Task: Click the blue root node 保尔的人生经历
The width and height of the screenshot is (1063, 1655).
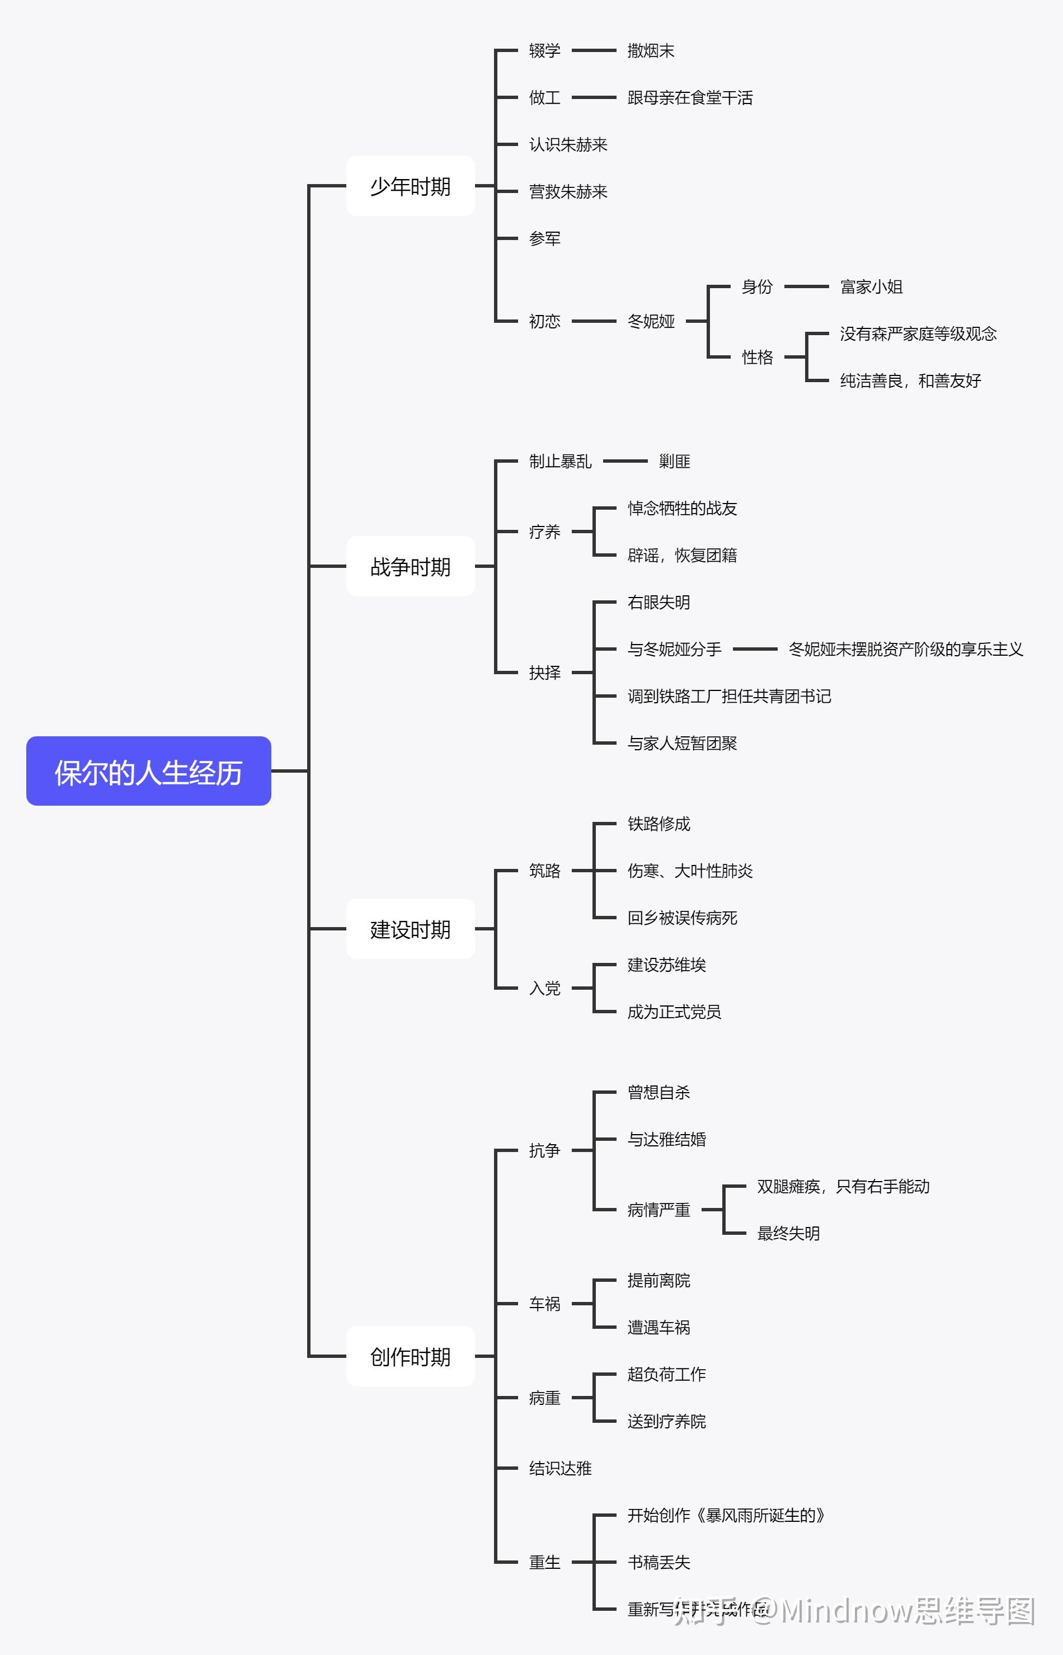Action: (x=148, y=771)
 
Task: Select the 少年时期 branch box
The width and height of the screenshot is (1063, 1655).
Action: (x=410, y=186)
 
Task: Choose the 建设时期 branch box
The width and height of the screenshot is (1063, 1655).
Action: (x=410, y=929)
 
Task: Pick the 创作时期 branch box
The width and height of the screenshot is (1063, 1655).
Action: (x=410, y=1356)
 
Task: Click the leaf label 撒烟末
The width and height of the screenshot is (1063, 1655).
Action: (x=650, y=50)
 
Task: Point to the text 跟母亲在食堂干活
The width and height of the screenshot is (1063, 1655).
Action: (x=690, y=97)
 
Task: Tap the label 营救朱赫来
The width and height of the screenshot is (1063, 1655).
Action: (x=567, y=191)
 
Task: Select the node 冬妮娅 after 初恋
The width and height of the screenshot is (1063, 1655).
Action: (x=650, y=321)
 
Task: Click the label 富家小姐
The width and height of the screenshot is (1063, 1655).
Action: (x=871, y=286)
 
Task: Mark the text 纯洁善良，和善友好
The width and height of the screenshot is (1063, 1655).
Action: (x=910, y=380)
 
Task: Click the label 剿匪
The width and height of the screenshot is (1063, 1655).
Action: (x=674, y=461)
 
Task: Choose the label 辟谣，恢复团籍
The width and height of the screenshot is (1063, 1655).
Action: (x=681, y=555)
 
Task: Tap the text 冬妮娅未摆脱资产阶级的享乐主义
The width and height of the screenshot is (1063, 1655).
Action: (x=905, y=649)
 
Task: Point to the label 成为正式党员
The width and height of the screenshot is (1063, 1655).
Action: (x=674, y=1011)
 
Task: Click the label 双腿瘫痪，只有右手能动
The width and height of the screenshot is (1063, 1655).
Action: (x=843, y=1186)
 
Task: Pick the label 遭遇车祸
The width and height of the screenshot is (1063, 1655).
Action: (x=658, y=1327)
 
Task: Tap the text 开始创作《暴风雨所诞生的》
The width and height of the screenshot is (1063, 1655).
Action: (x=726, y=1515)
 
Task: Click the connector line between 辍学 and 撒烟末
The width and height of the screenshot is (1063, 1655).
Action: (x=594, y=50)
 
